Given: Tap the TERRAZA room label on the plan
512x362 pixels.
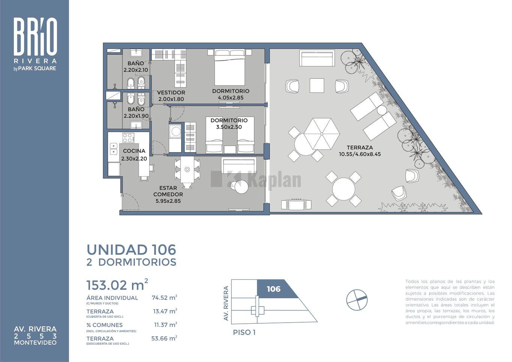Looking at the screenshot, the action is (360, 148).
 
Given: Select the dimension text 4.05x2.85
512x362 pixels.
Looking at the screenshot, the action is (231, 98).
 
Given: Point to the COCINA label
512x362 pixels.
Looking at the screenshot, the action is (134, 151).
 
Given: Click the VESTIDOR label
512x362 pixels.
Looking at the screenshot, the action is (171, 93).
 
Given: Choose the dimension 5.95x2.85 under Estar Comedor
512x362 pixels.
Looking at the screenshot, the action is (168, 201).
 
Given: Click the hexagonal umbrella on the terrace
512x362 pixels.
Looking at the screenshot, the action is (321, 134).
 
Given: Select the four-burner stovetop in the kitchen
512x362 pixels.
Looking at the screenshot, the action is (128, 138).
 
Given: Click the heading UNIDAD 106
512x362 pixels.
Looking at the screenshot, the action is (131, 250).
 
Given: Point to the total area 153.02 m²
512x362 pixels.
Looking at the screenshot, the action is (117, 285).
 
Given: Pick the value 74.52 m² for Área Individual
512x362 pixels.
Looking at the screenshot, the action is (165, 298).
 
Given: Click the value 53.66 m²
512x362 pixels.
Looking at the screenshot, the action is (164, 338).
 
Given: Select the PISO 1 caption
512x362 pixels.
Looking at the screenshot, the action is (244, 332).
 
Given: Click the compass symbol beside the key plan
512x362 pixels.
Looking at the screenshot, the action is (357, 300).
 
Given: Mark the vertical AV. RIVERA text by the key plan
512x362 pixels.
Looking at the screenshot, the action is (226, 303).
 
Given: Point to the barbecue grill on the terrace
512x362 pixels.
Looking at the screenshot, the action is (296, 204).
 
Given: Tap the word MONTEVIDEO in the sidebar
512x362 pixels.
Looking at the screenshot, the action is (35, 343).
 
